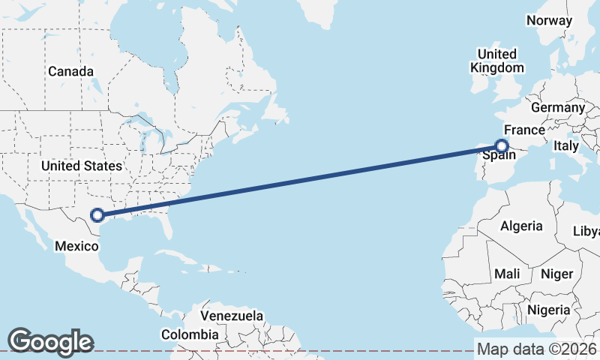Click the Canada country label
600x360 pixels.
pyautogui.click(x=70, y=71)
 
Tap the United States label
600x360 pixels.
pyautogui.click(x=81, y=166)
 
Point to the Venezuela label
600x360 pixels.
pyautogui.click(x=232, y=316)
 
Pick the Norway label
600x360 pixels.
pyautogui.click(x=549, y=20)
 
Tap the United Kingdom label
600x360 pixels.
pyautogui.click(x=496, y=61)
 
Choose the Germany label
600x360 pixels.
pyautogui.click(x=557, y=108)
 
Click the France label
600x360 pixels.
pyautogui.click(x=524, y=130)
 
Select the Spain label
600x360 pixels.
pyautogui.click(x=499, y=156)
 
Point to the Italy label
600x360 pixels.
pyautogui.click(x=565, y=147)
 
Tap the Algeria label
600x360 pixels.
pyautogui.click(x=521, y=226)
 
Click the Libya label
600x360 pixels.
pyautogui.click(x=586, y=231)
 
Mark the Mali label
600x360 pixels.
pyautogui.click(x=507, y=274)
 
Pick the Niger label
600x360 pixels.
pyautogui.click(x=556, y=274)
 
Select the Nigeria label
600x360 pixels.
pyautogui.click(x=549, y=310)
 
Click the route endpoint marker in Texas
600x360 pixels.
pyautogui.click(x=97, y=215)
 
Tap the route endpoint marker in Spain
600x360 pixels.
pyautogui.click(x=502, y=147)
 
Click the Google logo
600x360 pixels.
pyautogui.click(x=50, y=342)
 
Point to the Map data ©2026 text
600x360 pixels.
pyautogui.click(x=537, y=349)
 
